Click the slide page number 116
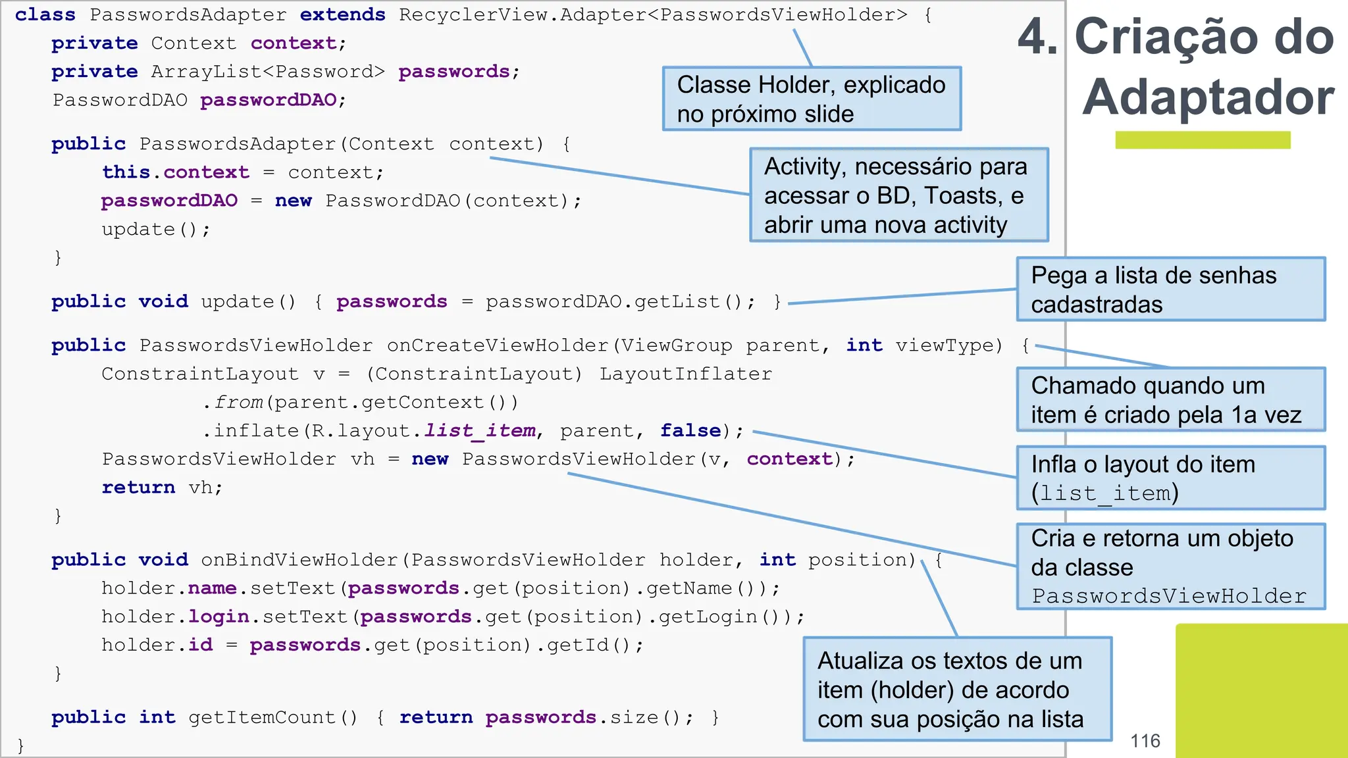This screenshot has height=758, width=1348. (1145, 741)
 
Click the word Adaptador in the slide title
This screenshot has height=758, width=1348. (1208, 97)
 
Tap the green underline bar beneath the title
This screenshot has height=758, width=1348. (1203, 140)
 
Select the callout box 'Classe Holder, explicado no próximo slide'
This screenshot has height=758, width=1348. (812, 99)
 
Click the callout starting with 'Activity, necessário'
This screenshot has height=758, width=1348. (898, 195)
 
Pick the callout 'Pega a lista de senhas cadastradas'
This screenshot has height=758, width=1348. (1170, 290)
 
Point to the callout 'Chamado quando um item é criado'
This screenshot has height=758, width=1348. (1170, 400)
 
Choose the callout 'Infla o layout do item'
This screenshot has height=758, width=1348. (1170, 478)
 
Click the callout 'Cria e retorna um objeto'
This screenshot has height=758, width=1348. (1170, 567)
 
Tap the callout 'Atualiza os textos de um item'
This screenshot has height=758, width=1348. (957, 690)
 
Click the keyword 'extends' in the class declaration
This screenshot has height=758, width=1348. (342, 14)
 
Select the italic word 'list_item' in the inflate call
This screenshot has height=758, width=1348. (480, 430)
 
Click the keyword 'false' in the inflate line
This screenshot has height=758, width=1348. (690, 430)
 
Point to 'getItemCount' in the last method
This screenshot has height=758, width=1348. (261, 717)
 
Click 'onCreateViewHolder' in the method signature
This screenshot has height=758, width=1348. (498, 345)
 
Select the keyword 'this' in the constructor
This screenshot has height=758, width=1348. (126, 172)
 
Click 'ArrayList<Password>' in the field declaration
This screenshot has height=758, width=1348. (268, 72)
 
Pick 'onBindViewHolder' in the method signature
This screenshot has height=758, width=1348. (299, 560)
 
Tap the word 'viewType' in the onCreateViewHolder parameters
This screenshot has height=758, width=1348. (948, 345)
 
